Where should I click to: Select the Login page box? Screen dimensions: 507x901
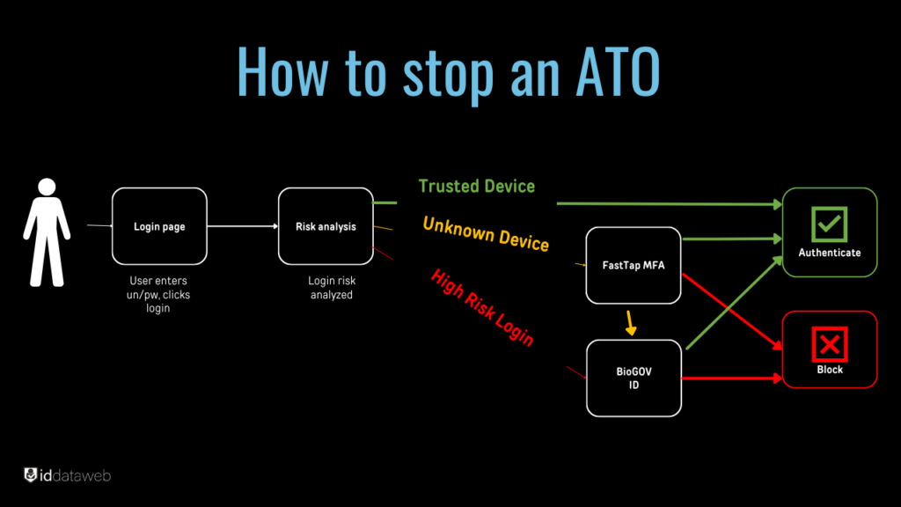[x=159, y=226]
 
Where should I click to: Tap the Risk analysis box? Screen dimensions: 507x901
[x=326, y=226]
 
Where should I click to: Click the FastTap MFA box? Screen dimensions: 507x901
[x=634, y=265]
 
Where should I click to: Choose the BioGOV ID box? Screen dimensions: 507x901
[x=634, y=378]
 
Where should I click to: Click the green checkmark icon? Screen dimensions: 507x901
[x=829, y=225]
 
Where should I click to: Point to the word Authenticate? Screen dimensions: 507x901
[x=829, y=253]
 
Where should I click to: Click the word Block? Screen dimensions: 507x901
[x=829, y=370]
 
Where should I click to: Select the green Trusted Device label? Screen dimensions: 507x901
[x=476, y=186]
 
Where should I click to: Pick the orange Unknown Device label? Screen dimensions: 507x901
[x=486, y=233]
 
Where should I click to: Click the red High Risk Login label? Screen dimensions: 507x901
[x=482, y=306]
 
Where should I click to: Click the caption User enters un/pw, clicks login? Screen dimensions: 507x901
[x=159, y=295]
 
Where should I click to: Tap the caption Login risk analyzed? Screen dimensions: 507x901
[x=331, y=288]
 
